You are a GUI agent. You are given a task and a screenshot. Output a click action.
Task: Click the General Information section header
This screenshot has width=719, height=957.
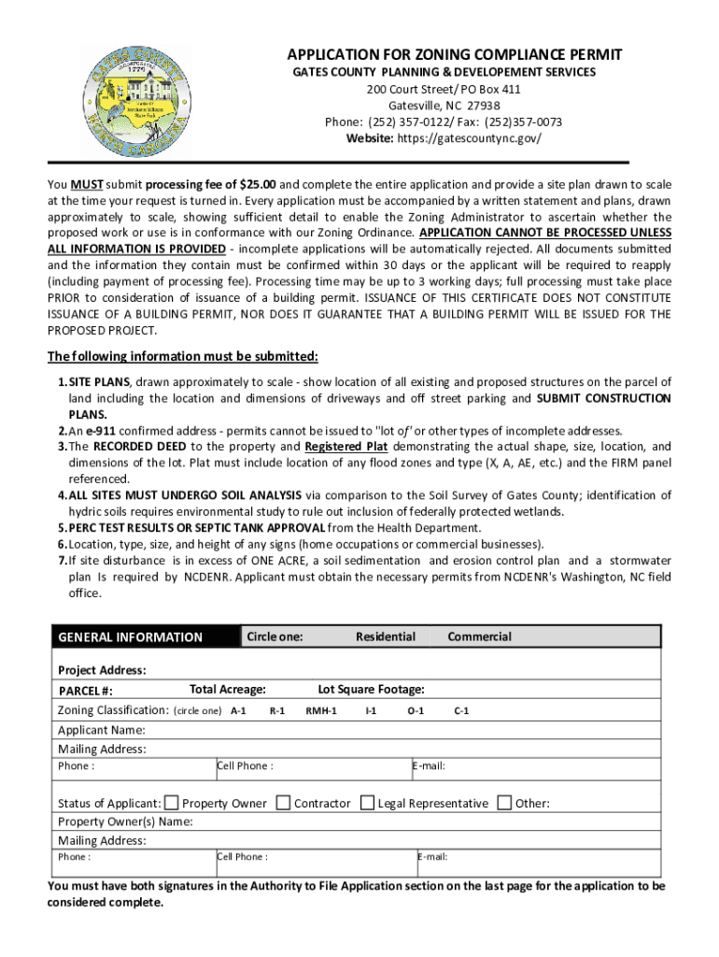pos(130,637)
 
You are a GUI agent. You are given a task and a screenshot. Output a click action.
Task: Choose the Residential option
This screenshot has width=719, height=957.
pos(386,636)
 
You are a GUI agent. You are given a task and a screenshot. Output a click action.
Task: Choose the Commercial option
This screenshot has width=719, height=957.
pos(479,636)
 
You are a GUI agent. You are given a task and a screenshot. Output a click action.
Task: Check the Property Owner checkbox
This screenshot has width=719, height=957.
pos(172,803)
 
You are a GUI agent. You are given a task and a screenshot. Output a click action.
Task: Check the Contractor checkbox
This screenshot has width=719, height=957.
pos(284,803)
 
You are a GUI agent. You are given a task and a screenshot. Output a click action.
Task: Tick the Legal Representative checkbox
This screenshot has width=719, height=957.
pos(368,803)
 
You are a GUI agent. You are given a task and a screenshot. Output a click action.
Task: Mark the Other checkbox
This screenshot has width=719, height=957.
pos(505,803)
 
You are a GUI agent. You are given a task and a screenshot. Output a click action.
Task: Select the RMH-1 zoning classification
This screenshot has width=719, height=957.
pos(321,711)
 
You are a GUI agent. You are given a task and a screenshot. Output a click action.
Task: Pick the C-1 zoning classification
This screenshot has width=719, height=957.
pos(461,711)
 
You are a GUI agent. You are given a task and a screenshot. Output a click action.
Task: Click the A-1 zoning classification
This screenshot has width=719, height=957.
pos(238,711)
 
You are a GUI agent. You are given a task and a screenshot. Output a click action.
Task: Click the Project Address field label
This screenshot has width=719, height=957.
pos(102,670)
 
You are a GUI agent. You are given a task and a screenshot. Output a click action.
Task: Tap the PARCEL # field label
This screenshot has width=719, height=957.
pos(86,691)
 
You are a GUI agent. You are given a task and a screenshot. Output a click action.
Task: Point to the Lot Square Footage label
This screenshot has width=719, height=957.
pos(372,690)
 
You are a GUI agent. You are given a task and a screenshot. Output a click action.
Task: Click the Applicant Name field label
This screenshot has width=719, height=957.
pos(101,730)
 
